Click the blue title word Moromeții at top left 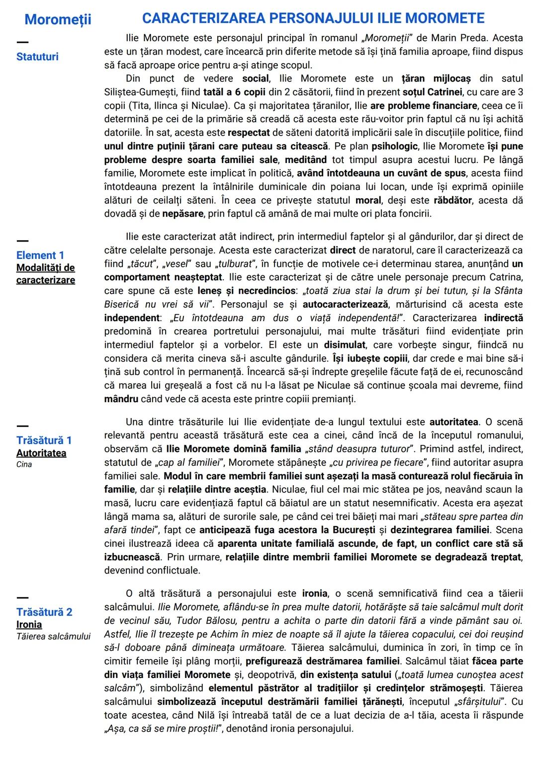coord(58,19)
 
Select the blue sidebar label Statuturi coord(37,57)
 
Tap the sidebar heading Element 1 coord(40,255)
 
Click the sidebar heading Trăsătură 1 coord(44,440)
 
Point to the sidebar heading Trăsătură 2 coord(44,612)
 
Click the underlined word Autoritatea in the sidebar coord(41,453)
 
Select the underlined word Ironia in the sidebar coord(29,625)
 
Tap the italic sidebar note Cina coord(24,465)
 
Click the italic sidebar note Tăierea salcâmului coord(53,637)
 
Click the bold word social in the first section coord(256,79)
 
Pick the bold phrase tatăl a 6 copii coord(234,92)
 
